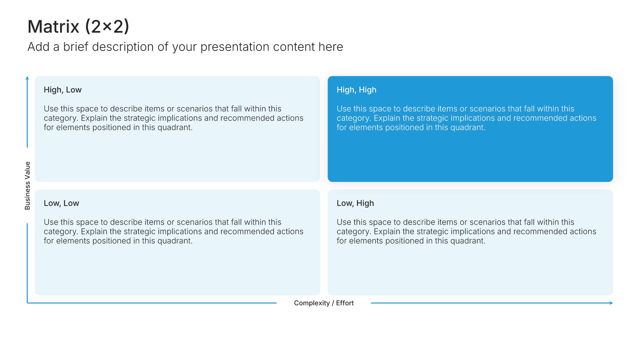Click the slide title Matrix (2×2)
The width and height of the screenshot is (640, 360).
[78, 27]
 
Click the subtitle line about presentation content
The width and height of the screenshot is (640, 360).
[185, 47]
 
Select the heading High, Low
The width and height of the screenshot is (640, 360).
[63, 90]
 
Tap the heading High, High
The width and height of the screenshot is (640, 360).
[356, 90]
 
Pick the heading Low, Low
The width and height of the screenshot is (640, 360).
[61, 203]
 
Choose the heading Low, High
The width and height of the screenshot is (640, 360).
[355, 203]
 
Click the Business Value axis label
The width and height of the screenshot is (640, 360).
[27, 186]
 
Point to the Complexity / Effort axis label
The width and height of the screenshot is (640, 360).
[324, 303]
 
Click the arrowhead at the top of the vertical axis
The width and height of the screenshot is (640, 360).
[27, 78]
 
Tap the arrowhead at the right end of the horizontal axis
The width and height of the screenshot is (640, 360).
[611, 303]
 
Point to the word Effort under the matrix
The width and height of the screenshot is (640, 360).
[345, 303]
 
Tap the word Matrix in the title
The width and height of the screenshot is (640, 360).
[54, 27]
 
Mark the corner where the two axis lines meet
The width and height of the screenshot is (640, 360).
[27, 303]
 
